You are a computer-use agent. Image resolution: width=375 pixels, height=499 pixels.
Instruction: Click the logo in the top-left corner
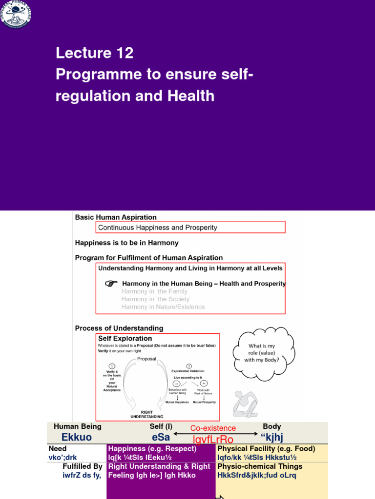pos(15,14)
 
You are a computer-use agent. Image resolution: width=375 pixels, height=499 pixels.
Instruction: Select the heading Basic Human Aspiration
pos(116,217)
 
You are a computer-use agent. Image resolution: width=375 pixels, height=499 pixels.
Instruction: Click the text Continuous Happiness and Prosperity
pos(158,228)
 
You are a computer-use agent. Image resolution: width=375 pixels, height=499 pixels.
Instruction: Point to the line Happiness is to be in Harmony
pos(126,243)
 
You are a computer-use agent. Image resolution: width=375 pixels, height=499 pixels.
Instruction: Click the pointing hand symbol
pos(112,283)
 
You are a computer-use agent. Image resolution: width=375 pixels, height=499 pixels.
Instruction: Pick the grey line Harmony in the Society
pos(155,299)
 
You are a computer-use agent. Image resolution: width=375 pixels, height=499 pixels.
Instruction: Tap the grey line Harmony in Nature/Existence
pos(163,307)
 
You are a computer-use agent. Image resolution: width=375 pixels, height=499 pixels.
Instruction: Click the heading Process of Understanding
pos(119,328)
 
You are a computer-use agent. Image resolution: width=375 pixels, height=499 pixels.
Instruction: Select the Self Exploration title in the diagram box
pos(125,338)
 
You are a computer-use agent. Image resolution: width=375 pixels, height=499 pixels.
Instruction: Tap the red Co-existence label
pos(213,428)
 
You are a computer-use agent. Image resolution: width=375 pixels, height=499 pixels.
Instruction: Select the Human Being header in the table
pos(77,427)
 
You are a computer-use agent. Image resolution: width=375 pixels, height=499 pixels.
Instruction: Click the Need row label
pos(58,449)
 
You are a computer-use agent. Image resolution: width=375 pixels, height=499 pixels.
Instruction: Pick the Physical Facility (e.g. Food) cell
pos(266,449)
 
